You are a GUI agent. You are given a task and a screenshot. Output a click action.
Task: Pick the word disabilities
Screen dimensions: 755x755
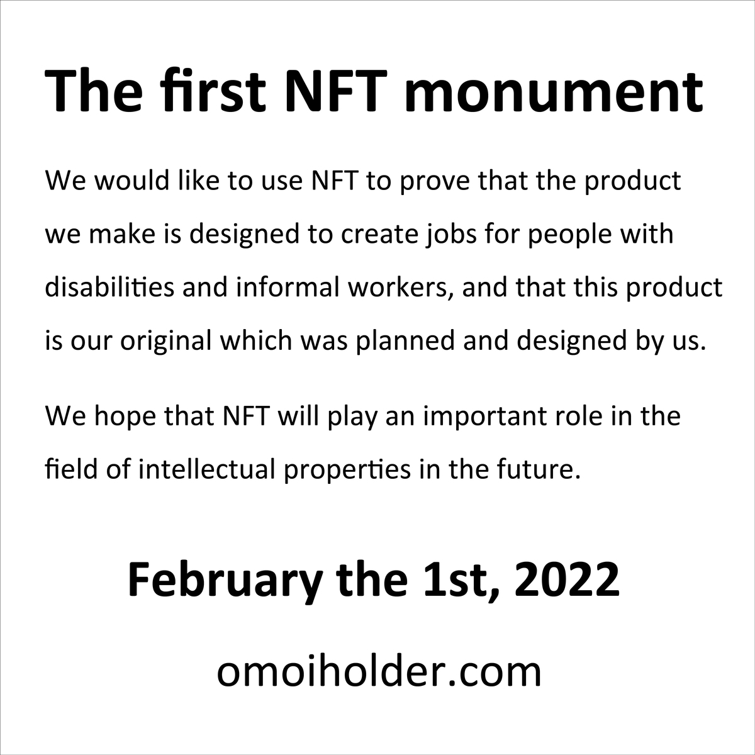[109, 286]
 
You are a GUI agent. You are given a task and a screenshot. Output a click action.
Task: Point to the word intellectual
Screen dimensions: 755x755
[207, 469]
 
